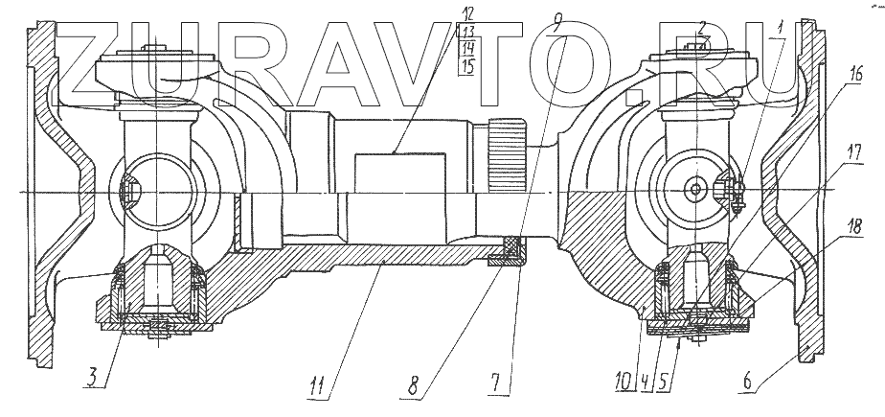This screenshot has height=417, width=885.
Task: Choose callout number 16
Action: (855, 72)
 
